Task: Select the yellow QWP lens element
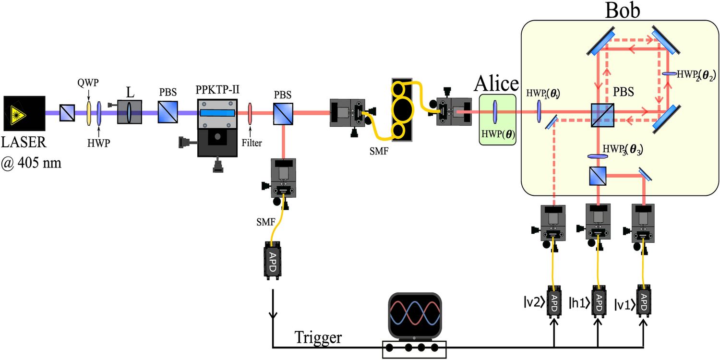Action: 88,114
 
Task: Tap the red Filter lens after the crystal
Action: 250,114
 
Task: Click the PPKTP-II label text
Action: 217,91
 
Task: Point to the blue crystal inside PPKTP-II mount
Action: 217,113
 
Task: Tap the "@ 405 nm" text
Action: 31,163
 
